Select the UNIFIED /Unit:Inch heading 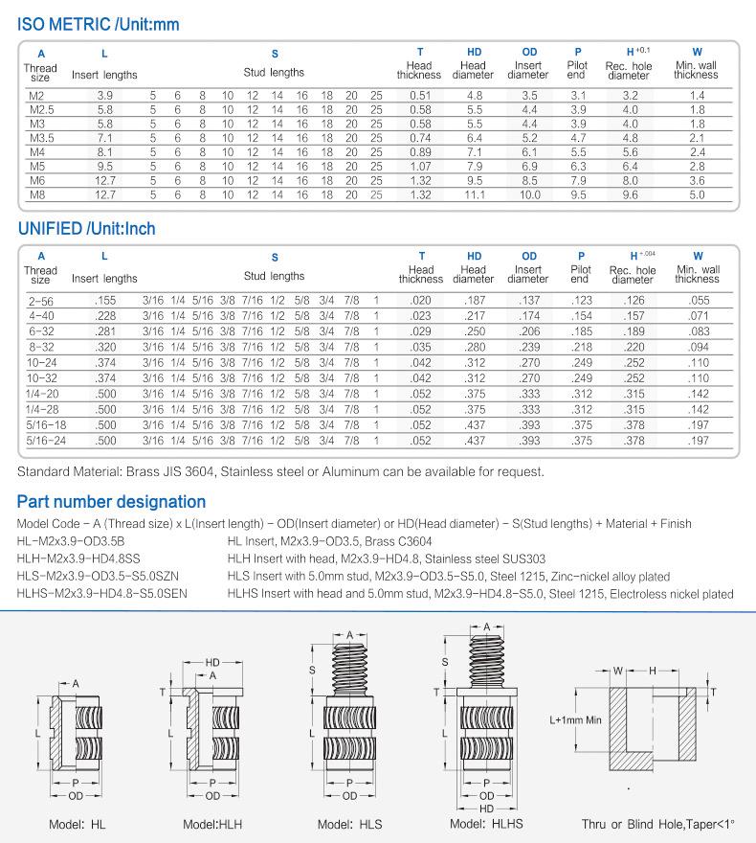coord(86,230)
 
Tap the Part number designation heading coord(111,502)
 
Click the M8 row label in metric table coord(38,195)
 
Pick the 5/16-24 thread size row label coord(41,442)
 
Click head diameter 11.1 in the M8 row coord(475,195)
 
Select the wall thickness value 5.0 coord(697,195)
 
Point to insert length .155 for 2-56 coord(105,301)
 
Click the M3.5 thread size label coord(41,138)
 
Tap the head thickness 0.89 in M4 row coord(419,152)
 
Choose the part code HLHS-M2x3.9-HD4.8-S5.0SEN coord(102,594)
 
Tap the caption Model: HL coord(78,824)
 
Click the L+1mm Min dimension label coord(573,719)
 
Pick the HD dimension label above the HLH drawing coord(213,662)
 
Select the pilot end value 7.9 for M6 coord(578,181)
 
